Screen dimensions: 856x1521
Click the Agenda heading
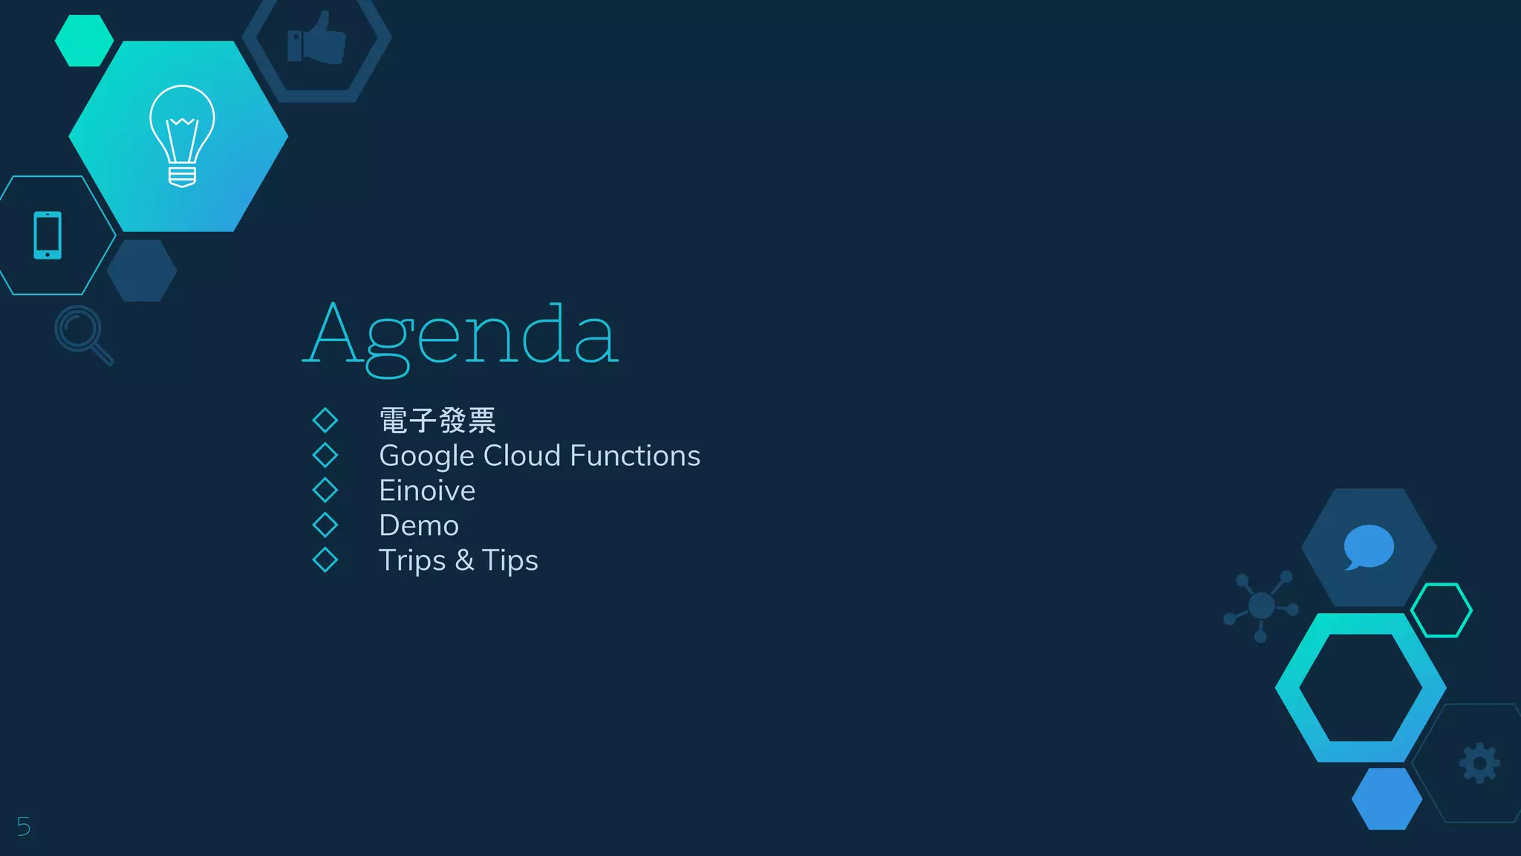[x=460, y=336]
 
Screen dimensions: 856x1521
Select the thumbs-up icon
[x=317, y=39]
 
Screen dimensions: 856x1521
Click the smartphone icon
[x=48, y=236]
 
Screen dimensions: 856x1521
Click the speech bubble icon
[x=1368, y=547]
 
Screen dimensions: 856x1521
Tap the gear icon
[x=1479, y=763]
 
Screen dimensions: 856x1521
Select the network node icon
[x=1261, y=606]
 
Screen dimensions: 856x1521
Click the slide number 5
[x=24, y=826]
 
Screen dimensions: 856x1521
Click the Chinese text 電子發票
[x=437, y=421]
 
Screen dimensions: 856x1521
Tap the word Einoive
[x=427, y=490]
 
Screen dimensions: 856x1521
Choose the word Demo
[x=419, y=525]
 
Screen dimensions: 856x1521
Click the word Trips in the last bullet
[x=412, y=560]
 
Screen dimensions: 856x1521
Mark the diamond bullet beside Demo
[x=325, y=525]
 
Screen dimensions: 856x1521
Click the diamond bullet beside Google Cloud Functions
[x=325, y=455]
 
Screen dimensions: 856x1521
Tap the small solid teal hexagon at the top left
[x=84, y=41]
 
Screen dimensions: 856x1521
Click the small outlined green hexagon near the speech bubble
[x=1441, y=610]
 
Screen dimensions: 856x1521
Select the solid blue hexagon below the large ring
[x=1387, y=799]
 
